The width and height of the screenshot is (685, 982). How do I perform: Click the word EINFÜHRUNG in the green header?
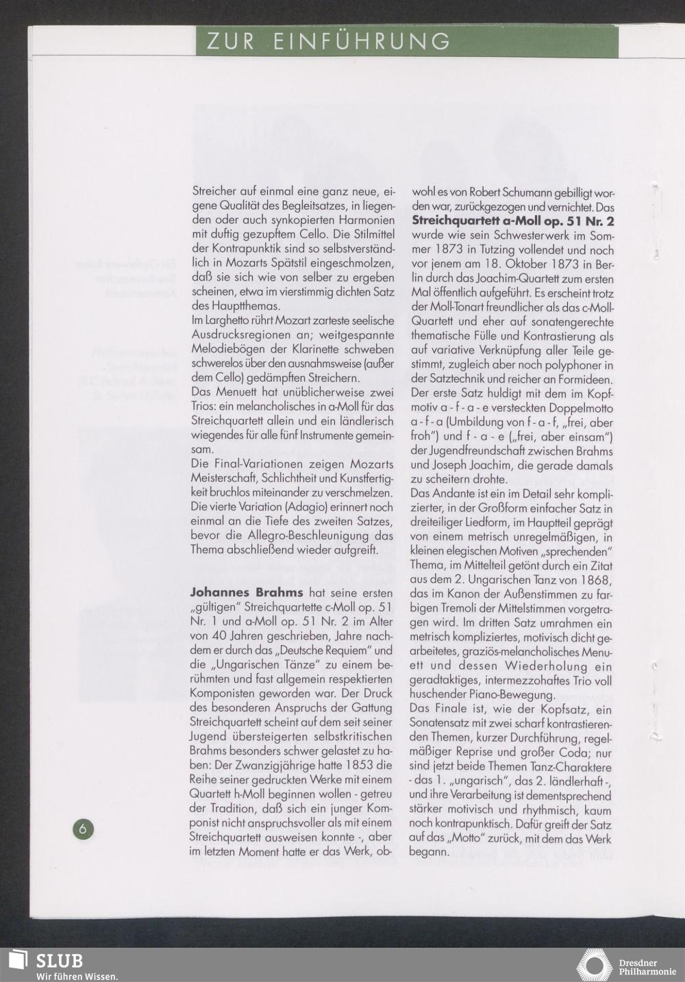coord(362,42)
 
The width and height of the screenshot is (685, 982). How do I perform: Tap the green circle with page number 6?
coord(83,829)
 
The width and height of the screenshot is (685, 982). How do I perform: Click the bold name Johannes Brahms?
coord(247,592)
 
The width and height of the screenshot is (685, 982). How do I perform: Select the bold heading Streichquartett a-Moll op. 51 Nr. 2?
coord(513,221)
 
